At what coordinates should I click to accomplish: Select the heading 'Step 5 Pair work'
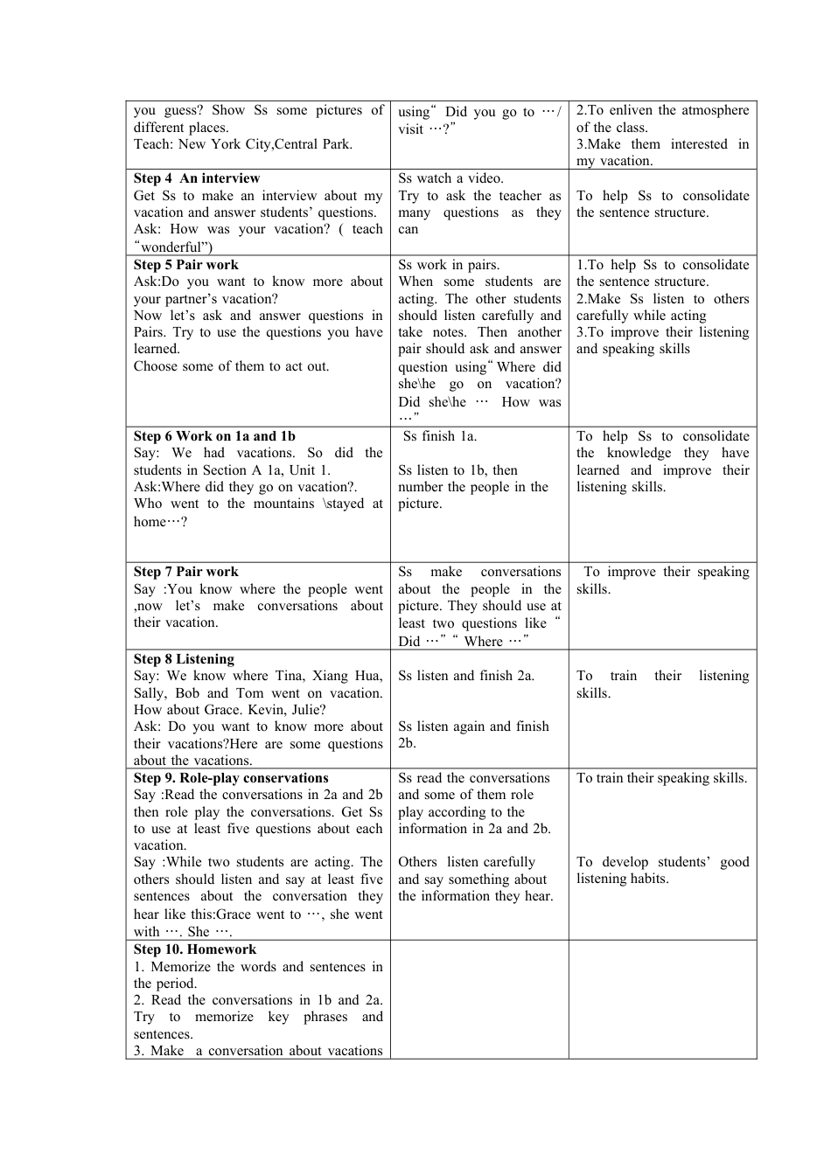click(185, 265)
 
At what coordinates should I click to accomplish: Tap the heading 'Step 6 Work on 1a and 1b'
click(214, 436)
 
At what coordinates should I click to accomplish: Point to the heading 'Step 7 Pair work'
click(185, 572)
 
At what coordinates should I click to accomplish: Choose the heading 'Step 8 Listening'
click(184, 659)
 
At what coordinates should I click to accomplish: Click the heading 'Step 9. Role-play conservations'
click(231, 778)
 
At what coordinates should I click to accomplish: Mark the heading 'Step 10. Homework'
click(195, 949)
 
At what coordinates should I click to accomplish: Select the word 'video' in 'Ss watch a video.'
click(485, 178)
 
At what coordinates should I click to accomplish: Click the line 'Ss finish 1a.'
click(440, 436)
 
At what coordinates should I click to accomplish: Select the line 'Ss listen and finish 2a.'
click(466, 676)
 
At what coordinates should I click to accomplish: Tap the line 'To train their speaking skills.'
click(661, 778)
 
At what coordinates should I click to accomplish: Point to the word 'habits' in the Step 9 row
click(646, 879)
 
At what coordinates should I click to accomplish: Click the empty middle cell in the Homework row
click(479, 999)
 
